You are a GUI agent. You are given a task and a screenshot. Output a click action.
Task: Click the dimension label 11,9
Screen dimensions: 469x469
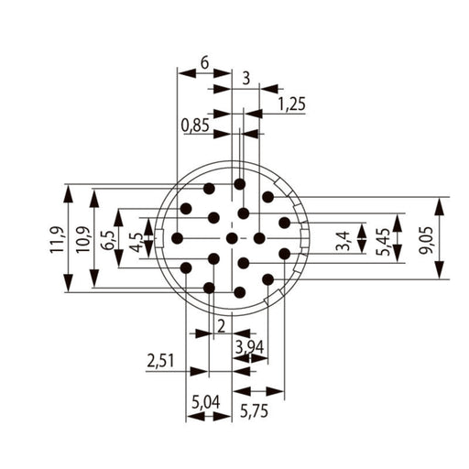pos(57,239)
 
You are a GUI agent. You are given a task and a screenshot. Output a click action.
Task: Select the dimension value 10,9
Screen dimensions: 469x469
pos(82,239)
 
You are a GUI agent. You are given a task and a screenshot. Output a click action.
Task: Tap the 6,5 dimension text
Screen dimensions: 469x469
pos(108,241)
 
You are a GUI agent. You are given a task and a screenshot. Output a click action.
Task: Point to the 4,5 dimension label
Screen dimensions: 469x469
pos(136,243)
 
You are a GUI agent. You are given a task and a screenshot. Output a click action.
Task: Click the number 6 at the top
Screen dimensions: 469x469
pos(204,63)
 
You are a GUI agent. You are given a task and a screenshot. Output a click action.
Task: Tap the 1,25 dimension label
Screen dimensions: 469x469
pos(291,104)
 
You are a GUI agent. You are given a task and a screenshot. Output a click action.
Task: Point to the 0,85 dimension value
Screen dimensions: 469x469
pos(195,125)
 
